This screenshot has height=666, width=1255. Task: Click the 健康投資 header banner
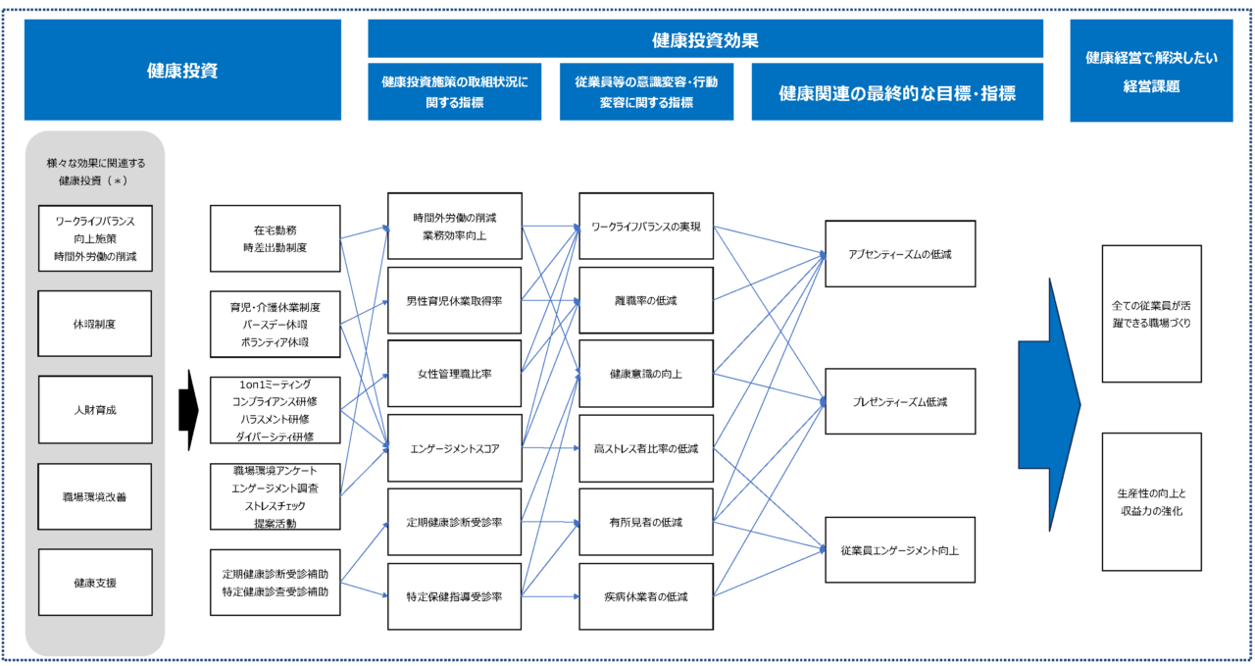182,70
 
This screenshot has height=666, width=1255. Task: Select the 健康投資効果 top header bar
705,38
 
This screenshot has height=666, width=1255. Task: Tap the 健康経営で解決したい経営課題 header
1151,71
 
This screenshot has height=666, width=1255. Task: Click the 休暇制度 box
95,324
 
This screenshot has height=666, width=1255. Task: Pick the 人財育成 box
95,410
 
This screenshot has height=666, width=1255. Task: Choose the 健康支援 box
95,583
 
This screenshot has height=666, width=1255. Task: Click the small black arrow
189,410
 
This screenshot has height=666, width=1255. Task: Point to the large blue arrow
1049,405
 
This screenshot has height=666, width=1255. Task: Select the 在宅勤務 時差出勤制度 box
276,238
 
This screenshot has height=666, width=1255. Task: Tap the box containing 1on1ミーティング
276,410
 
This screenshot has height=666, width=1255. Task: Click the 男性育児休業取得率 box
454,300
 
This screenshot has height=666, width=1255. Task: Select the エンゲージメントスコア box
454,448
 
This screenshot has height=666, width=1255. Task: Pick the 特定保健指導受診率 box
454,596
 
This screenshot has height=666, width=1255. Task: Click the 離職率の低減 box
646,300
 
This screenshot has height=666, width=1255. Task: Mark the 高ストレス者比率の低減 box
646,448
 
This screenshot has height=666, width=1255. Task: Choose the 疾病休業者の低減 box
646,596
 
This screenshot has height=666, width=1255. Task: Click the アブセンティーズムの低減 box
900,254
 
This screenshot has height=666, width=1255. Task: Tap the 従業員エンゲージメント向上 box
900,550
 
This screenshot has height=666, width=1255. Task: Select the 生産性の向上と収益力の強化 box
1152,502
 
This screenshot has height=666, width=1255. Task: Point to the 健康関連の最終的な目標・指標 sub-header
897,92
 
